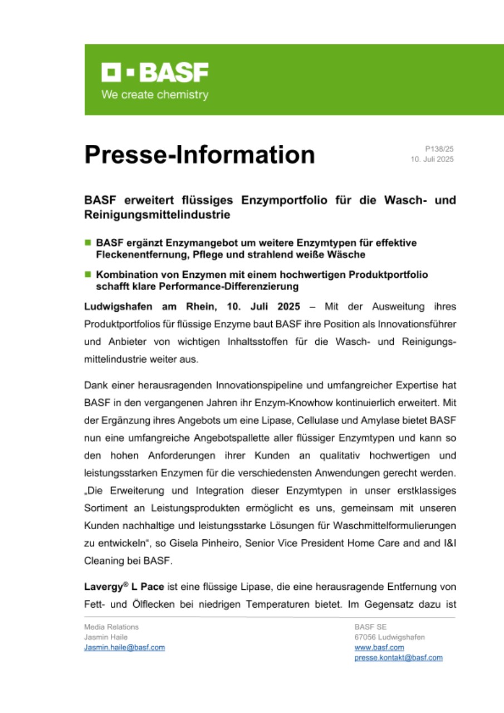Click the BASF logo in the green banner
pyautogui.click(x=154, y=72)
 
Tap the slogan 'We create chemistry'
pyautogui.click(x=154, y=95)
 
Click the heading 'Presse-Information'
pyautogui.click(x=199, y=154)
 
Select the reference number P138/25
pyautogui.click(x=439, y=149)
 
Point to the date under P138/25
pyautogui.click(x=433, y=159)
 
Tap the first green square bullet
pyautogui.click(x=87, y=243)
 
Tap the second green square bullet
pyautogui.click(x=87, y=275)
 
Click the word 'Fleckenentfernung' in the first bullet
pyautogui.click(x=138, y=254)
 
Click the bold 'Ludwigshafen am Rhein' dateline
pyautogui.click(x=150, y=307)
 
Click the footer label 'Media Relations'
pyautogui.click(x=111, y=627)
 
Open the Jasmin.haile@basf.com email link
pyautogui.click(x=124, y=647)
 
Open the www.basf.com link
pyautogui.click(x=379, y=647)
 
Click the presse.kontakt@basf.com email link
pyautogui.click(x=398, y=657)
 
